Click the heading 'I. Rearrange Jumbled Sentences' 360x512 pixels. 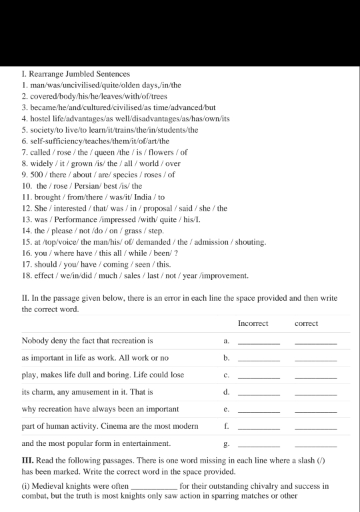point(75,73)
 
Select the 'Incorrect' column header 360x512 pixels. point(253,323)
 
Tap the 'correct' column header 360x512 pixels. point(306,323)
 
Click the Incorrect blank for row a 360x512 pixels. point(259,343)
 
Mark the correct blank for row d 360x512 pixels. point(315,395)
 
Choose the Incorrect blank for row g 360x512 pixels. point(259,445)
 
